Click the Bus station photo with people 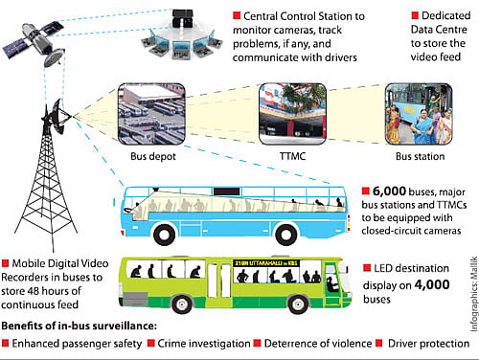(418, 114)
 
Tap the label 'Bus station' (417, 155)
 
